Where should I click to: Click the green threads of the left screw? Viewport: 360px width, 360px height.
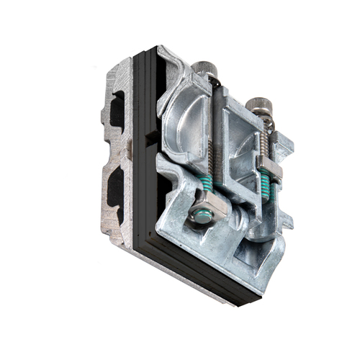pos(207,186)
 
